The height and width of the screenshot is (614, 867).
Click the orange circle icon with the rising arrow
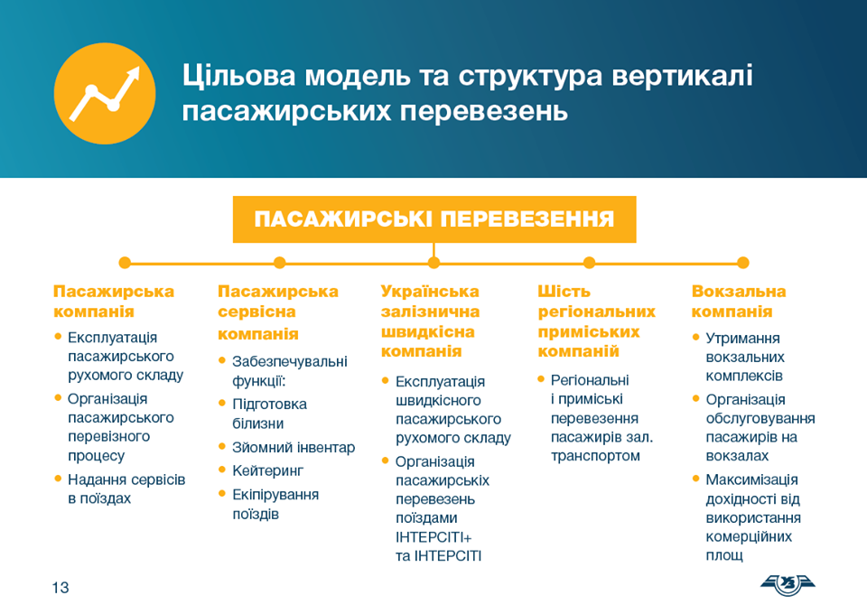click(105, 93)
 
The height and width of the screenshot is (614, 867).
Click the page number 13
click(61, 588)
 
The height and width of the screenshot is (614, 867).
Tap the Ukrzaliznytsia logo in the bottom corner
click(788, 585)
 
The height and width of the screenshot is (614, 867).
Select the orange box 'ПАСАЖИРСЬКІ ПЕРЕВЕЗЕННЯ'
click(434, 219)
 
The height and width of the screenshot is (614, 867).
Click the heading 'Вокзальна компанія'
click(739, 302)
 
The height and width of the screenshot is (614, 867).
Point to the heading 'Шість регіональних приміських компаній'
click(597, 321)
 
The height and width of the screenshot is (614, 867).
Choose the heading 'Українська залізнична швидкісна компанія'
click(430, 321)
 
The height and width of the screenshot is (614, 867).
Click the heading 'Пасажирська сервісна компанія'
click(278, 312)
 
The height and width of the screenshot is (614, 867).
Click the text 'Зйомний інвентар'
click(294, 447)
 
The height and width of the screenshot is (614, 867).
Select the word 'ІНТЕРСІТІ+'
click(433, 537)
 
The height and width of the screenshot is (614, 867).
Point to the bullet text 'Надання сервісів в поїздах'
click(126, 489)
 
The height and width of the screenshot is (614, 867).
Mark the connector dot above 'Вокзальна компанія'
click(743, 263)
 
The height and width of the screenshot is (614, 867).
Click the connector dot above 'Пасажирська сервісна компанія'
click(279, 263)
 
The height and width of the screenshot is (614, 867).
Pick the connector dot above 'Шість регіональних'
click(589, 263)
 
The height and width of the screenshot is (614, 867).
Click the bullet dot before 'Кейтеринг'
click(222, 470)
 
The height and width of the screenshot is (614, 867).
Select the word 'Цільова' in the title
click(239, 76)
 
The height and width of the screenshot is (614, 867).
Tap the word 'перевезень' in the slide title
click(484, 111)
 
